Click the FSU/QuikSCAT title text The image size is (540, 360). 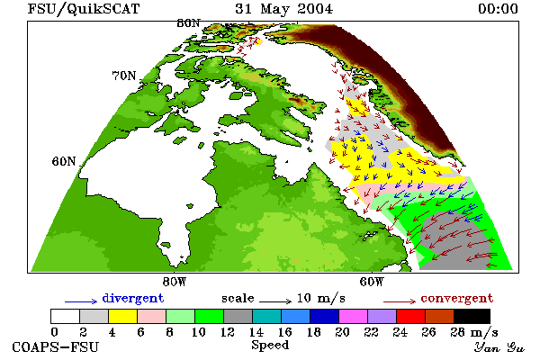84,9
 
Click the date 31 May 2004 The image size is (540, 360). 284,9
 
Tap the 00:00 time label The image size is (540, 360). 498,9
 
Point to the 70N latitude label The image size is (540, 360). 124,76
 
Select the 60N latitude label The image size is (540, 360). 64,161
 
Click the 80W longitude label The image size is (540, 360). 175,282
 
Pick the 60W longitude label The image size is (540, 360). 372,282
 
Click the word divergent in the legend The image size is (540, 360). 133,298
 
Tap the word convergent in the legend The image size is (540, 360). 457,298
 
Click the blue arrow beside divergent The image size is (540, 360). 81,301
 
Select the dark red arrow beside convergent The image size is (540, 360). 400,301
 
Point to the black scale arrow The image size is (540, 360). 275,301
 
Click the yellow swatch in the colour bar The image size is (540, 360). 123,316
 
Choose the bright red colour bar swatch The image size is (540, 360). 411,316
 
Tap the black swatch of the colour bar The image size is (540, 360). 472,316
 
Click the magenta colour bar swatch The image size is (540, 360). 354,316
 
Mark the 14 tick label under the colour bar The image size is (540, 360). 256,332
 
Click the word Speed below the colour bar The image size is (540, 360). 270,346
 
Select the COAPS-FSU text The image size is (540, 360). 56,347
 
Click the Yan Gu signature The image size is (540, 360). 499,347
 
